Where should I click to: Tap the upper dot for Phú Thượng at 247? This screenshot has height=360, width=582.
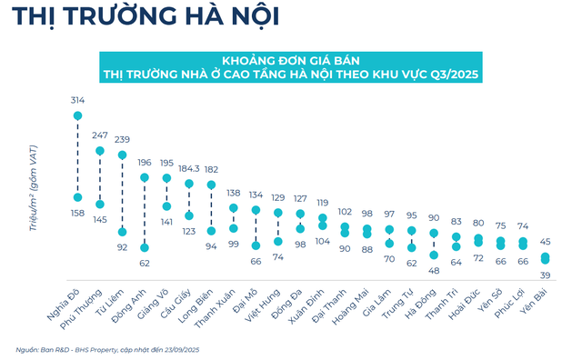coord(100,150)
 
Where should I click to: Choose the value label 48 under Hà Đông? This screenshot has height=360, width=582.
coord(433,271)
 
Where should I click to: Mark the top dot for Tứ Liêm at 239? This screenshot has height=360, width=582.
coord(123,155)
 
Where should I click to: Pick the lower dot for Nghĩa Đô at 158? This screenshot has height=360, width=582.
coord(78,198)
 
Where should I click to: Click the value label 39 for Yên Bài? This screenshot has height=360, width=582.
coord(546,275)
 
